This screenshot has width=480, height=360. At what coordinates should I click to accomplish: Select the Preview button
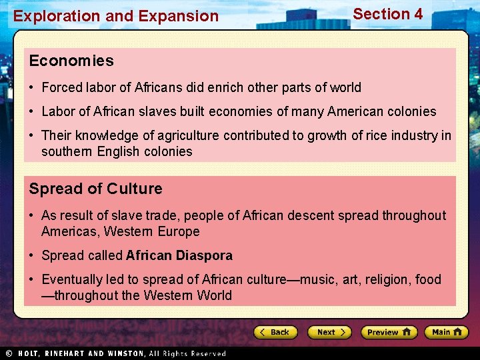pos(389,332)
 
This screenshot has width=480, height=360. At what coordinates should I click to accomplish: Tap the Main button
pos(446,332)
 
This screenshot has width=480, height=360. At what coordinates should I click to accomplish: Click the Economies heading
pos(71,61)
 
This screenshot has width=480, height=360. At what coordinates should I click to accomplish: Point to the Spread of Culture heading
pos(95,189)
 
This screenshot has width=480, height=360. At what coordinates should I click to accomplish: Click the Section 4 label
pos(387,14)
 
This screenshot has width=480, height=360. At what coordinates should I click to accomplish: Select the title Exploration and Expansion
pos(116,16)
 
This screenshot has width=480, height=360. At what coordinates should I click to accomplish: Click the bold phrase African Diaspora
pos(179,255)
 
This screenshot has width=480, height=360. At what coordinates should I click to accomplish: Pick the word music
pos(319,279)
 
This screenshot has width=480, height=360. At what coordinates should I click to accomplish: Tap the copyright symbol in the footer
pos(9,353)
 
